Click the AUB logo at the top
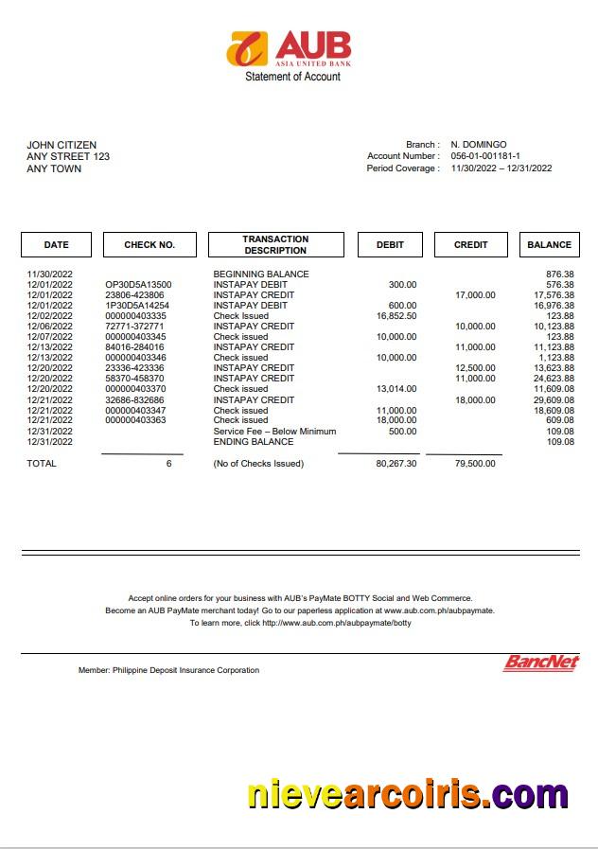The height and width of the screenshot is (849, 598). [289, 48]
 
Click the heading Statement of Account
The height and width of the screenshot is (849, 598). [292, 77]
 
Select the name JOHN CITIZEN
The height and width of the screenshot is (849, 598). [62, 145]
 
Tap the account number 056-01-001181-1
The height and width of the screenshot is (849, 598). [484, 156]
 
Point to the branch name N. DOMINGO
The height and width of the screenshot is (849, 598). [478, 145]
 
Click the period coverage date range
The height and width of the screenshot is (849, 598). [501, 168]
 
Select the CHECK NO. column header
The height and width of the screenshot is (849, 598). [149, 245]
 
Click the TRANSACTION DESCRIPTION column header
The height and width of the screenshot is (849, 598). [275, 245]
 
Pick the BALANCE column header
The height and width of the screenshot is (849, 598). [549, 245]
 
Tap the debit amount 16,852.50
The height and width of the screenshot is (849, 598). [396, 316]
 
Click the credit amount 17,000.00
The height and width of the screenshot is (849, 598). [475, 295]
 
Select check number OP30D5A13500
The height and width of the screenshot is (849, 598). [138, 285]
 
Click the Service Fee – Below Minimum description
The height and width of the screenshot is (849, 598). [274, 432]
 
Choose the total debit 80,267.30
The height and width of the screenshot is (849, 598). [396, 464]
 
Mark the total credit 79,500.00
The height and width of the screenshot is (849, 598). [475, 464]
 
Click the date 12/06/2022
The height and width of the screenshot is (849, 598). [49, 327]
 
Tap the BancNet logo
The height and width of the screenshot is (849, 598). [540, 663]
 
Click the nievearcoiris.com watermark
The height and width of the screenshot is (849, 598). [408, 794]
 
